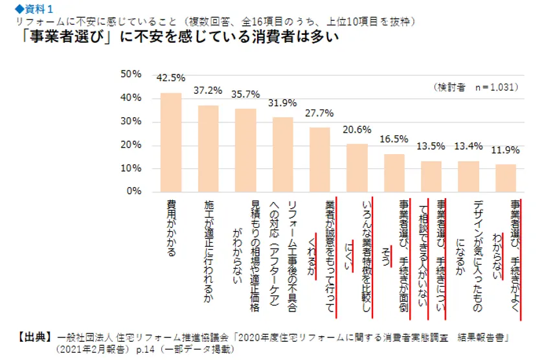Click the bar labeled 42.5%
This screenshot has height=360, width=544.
click(x=171, y=142)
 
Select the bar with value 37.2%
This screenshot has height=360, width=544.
click(x=208, y=148)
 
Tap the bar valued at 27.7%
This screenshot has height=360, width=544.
click(x=320, y=159)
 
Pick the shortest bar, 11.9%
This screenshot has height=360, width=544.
click(x=506, y=177)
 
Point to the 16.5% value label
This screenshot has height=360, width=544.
click(x=394, y=139)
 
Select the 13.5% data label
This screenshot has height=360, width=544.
click(x=431, y=146)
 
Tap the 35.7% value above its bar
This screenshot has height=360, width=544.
click(x=245, y=93)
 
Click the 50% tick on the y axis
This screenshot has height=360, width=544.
click(x=131, y=75)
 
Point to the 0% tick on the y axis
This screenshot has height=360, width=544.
click(x=133, y=192)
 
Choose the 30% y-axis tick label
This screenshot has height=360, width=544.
click(x=131, y=122)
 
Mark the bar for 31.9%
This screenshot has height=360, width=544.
click(x=282, y=154)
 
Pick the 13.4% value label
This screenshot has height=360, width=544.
click(x=469, y=146)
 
